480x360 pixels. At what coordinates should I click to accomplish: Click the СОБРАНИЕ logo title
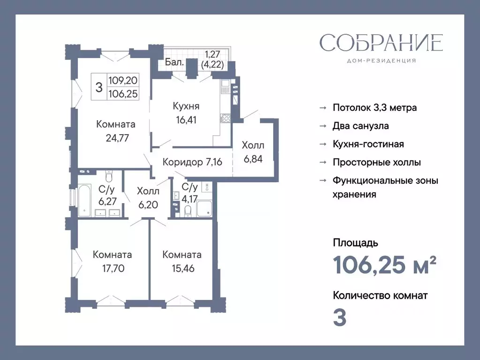click(381, 43)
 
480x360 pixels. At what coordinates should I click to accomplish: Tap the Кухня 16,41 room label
click(183, 113)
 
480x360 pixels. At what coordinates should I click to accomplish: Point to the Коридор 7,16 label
click(192, 162)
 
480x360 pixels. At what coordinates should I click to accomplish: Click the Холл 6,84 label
click(253, 152)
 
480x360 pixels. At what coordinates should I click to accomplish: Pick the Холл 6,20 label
click(148, 198)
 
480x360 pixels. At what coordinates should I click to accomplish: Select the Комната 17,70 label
click(112, 261)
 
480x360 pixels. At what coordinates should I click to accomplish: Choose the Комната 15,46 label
click(182, 261)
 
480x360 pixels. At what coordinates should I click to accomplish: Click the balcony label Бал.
click(174, 61)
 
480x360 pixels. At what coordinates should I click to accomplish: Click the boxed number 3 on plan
click(99, 87)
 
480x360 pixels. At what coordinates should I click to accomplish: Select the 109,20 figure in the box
click(122, 80)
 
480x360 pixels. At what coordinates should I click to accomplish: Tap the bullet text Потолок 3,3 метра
click(374, 107)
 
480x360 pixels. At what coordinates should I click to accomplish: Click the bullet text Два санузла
click(360, 126)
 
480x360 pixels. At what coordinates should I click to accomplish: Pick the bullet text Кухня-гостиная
click(368, 144)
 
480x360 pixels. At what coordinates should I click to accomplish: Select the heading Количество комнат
click(380, 295)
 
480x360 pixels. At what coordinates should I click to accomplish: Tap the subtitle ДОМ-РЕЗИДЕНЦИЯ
click(381, 61)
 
